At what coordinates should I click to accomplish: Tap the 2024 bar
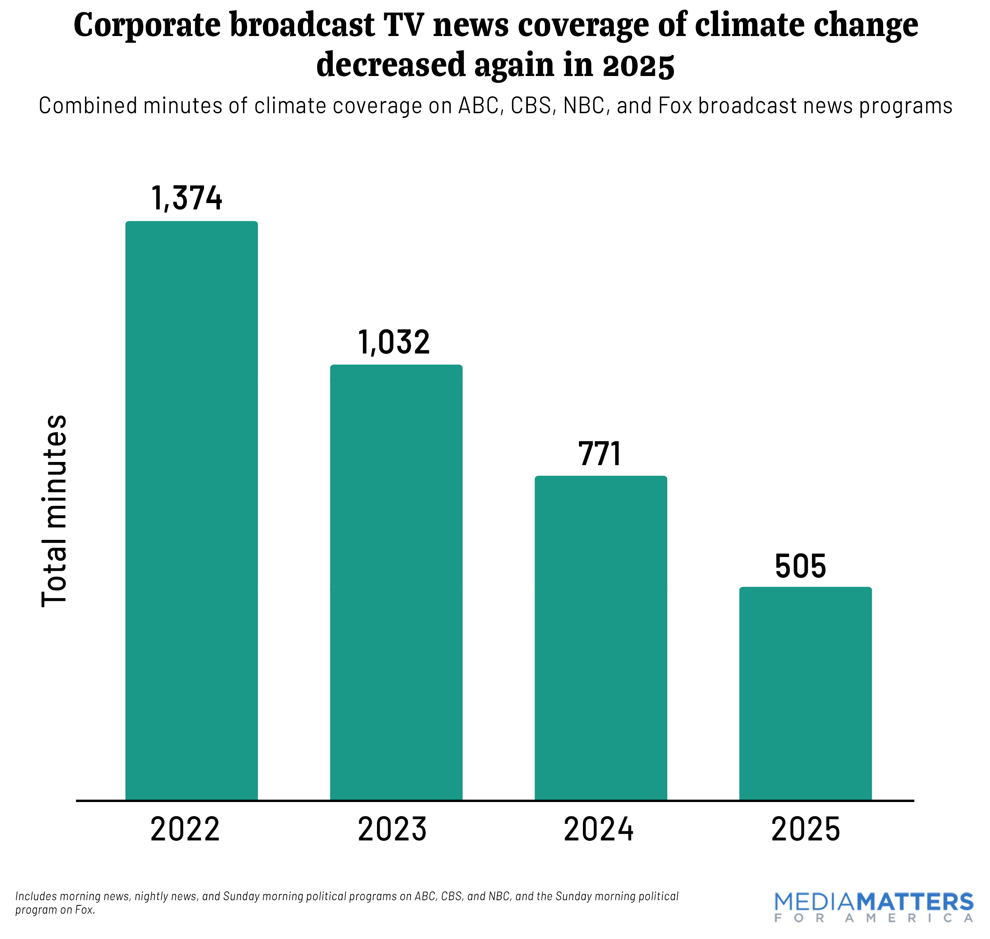[x=600, y=638]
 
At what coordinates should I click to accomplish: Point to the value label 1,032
[x=394, y=342]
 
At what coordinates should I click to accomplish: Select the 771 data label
[x=600, y=454]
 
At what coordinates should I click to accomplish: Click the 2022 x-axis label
[x=185, y=829]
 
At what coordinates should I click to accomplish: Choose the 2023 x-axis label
[x=392, y=829]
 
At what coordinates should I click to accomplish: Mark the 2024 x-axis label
[x=598, y=829]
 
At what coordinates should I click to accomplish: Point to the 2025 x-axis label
[x=805, y=829]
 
